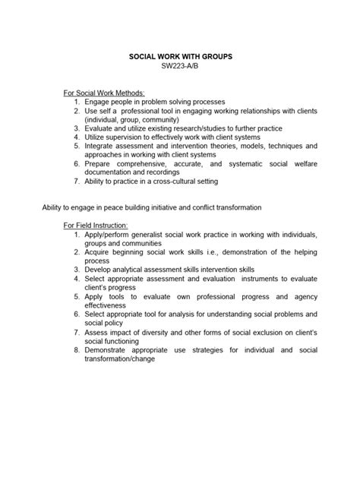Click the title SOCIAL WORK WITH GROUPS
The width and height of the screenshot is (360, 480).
pos(180,57)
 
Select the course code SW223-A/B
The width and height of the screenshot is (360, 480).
pos(180,67)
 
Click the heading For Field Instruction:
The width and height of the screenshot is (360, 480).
pos(96,225)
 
